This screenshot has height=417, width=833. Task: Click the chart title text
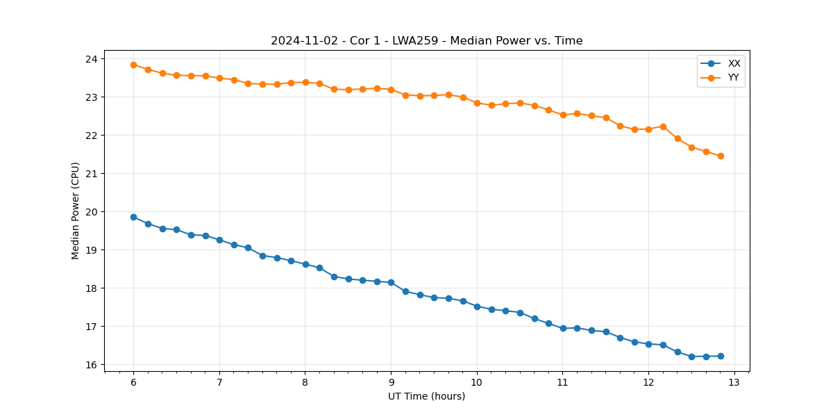pyautogui.click(x=426, y=41)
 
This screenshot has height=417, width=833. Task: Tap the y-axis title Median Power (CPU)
pyautogui.click(x=76, y=211)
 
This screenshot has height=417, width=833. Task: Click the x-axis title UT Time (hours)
pyautogui.click(x=426, y=396)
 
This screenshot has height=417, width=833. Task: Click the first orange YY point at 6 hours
pyautogui.click(x=133, y=65)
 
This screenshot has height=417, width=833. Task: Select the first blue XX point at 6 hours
pyautogui.click(x=133, y=217)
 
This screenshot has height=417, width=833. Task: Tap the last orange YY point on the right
pyautogui.click(x=721, y=156)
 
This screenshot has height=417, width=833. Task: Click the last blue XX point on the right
pyautogui.click(x=721, y=356)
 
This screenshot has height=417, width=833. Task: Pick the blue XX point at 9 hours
pyautogui.click(x=391, y=282)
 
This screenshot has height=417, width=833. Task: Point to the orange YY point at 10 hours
pyautogui.click(x=477, y=103)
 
